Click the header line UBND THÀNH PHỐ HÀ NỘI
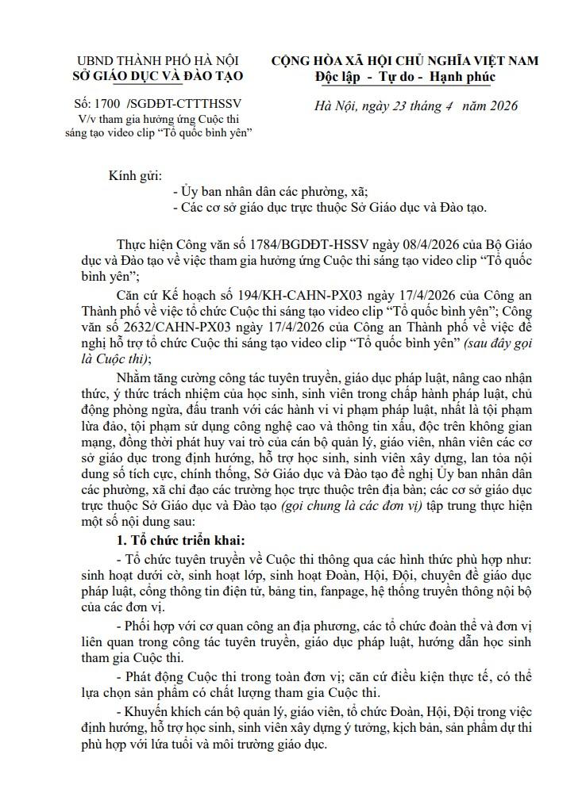[x=160, y=61]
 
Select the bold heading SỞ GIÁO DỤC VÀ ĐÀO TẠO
[x=160, y=76]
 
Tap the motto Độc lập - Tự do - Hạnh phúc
[x=404, y=76]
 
